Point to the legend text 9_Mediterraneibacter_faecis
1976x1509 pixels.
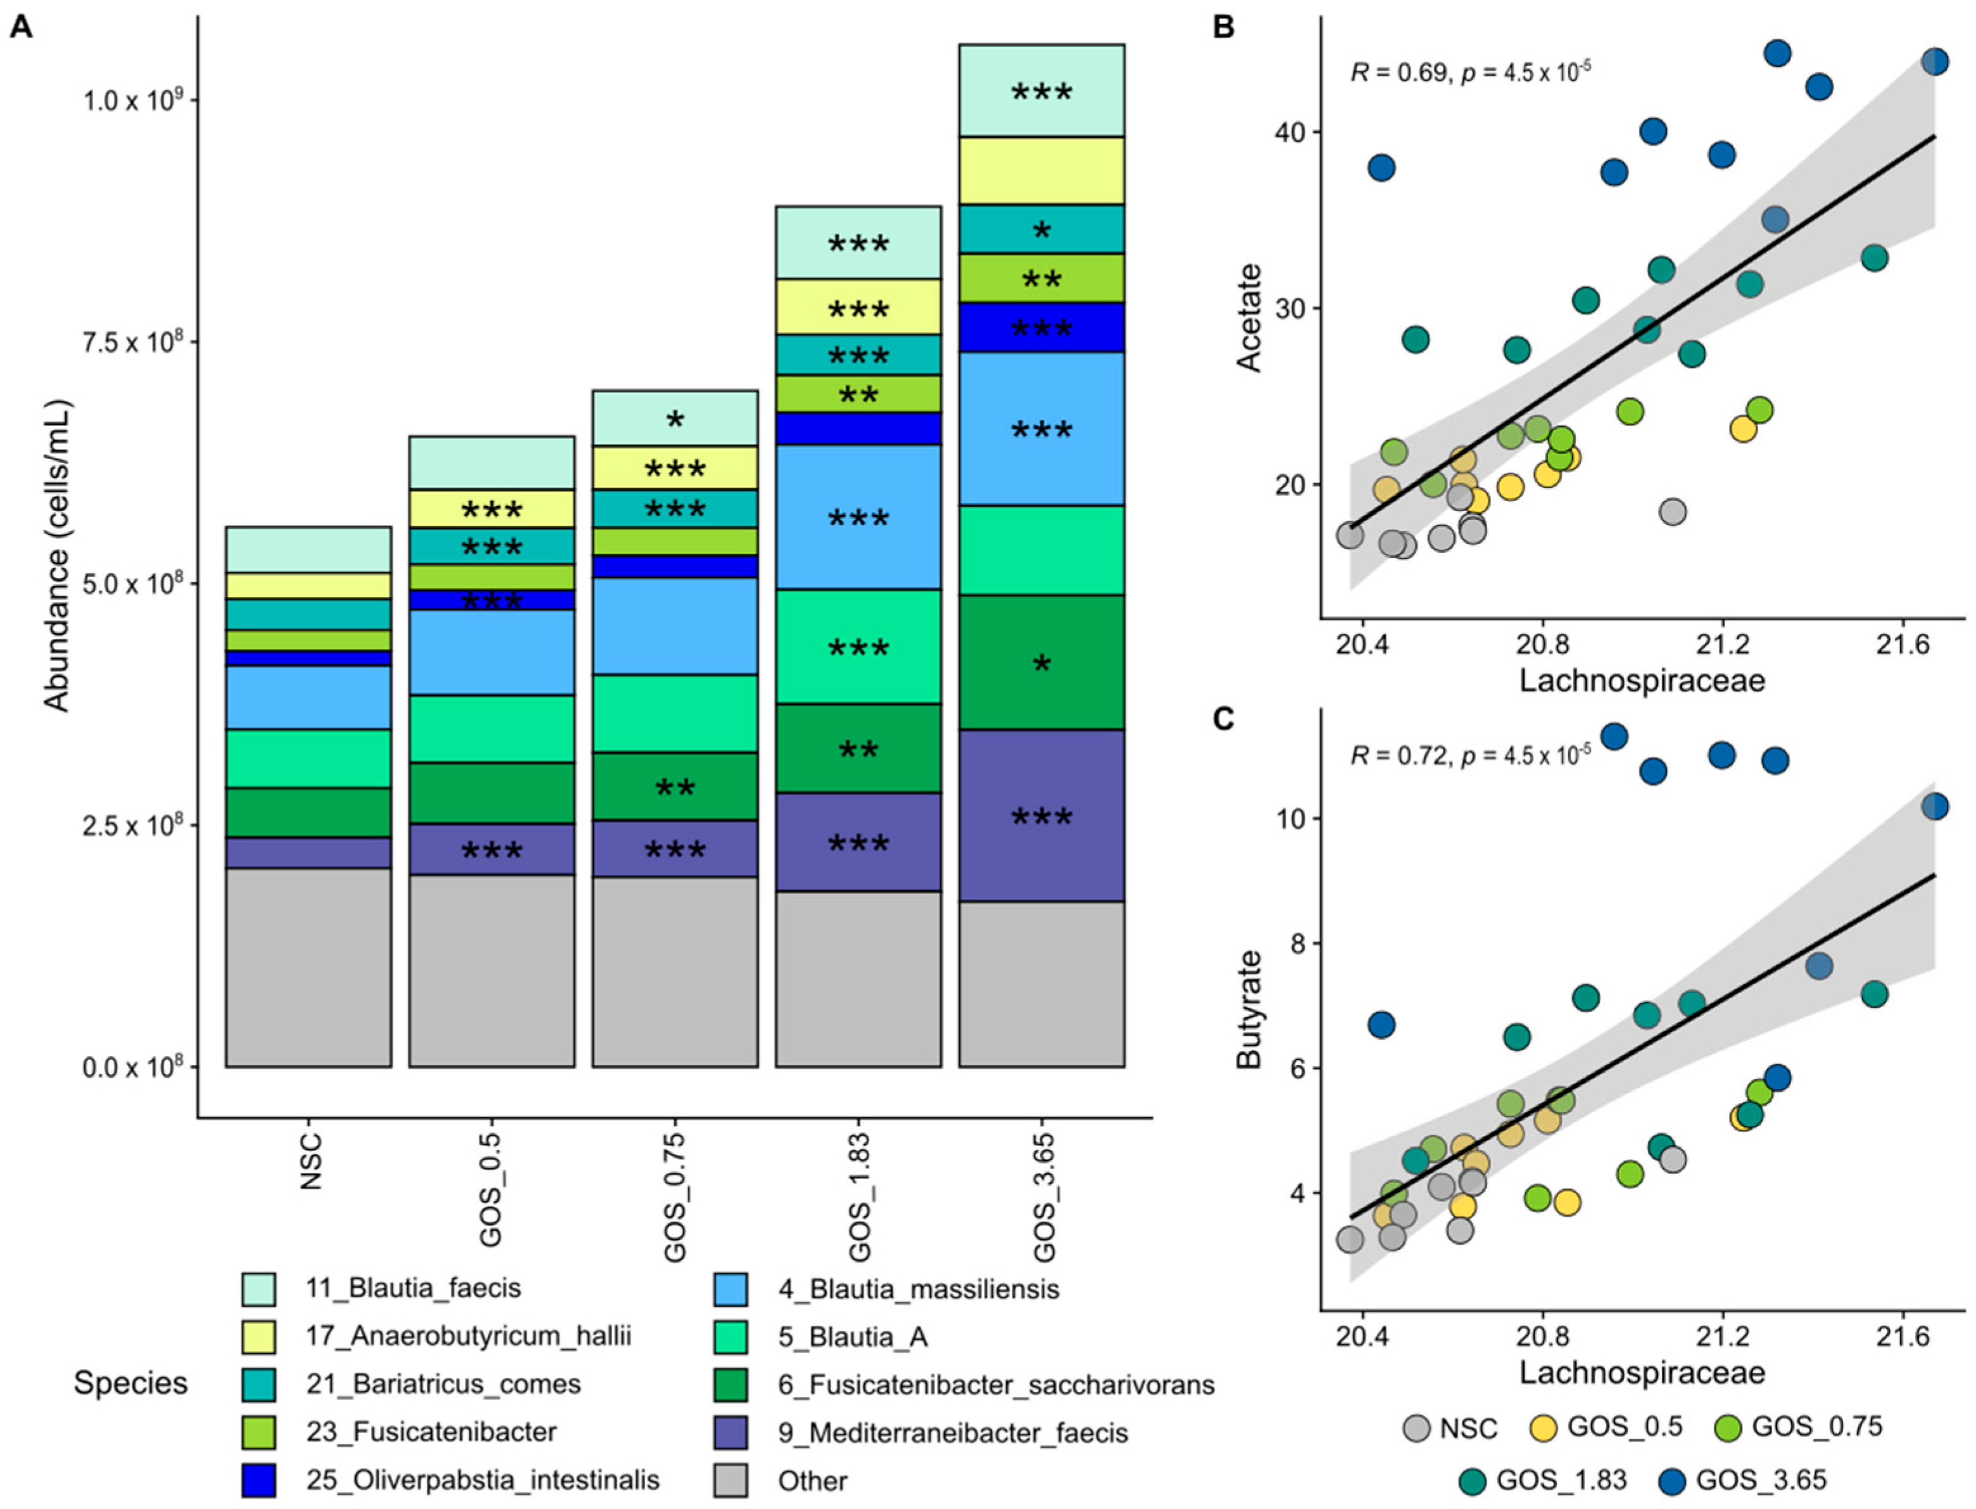click(x=952, y=1432)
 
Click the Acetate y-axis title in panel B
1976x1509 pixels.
click(x=1249, y=317)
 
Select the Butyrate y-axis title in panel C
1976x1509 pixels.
click(x=1249, y=1009)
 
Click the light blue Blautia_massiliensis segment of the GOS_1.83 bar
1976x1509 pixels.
click(x=858, y=517)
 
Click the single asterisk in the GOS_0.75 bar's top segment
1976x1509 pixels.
click(x=674, y=419)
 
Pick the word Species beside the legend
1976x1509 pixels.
click(x=131, y=1383)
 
